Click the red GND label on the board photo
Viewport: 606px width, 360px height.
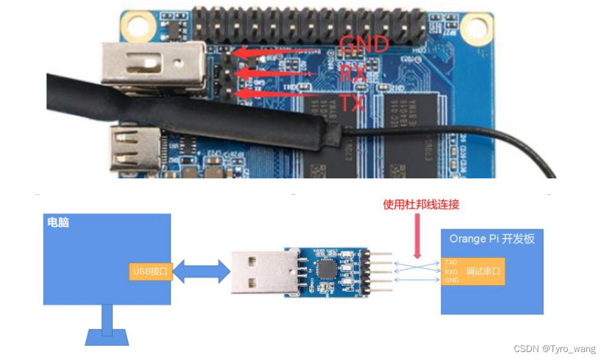point(363,44)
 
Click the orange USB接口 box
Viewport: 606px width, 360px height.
point(151,270)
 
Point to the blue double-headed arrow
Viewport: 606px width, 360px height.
point(201,270)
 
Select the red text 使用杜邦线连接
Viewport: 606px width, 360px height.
point(421,205)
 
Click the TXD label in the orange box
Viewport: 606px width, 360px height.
point(451,263)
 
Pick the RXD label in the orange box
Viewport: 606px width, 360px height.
point(451,271)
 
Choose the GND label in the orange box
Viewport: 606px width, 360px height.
point(451,280)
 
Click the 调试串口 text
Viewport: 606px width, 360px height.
point(482,271)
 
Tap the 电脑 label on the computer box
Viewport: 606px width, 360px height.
point(58,223)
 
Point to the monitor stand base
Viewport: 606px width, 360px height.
point(107,337)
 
